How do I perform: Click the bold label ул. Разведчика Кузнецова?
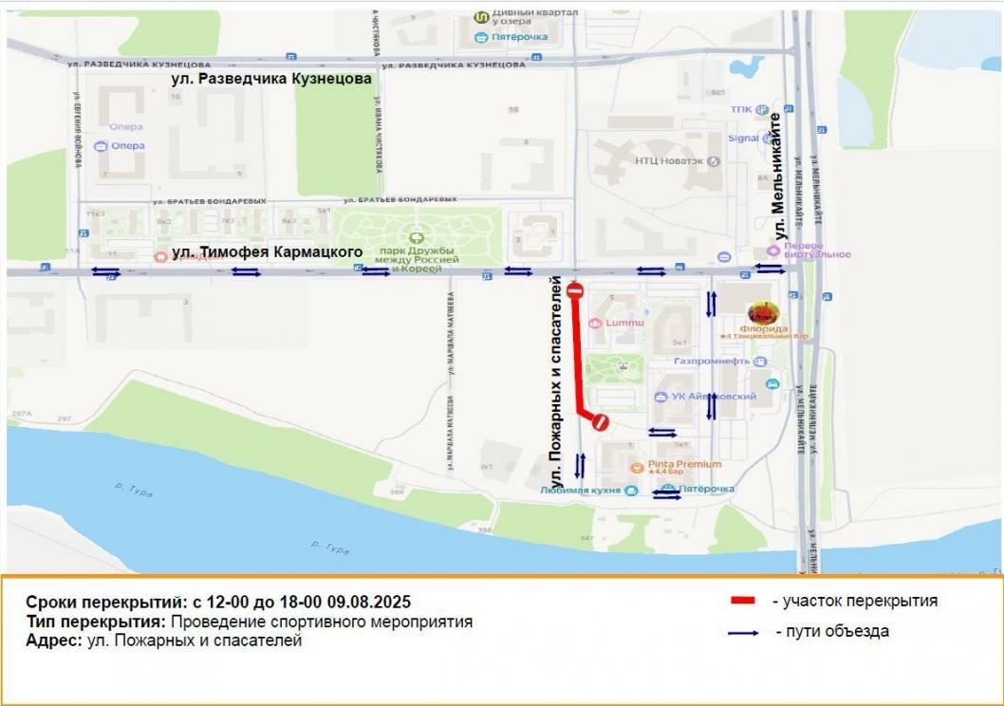pos(271,80)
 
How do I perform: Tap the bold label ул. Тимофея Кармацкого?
pos(268,252)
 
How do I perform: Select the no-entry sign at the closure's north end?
pos(574,291)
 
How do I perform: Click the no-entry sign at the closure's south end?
pos(600,423)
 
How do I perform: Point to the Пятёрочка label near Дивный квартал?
pos(518,37)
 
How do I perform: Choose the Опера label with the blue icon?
pos(127,145)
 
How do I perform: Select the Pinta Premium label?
pos(684,464)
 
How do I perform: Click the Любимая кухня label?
pos(580,491)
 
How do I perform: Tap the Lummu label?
pos(623,323)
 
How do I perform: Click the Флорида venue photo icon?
pos(763,312)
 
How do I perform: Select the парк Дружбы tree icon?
pos(414,238)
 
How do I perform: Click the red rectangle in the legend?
pos(743,601)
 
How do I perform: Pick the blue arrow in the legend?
pos(743,632)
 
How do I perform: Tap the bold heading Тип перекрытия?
pos(96,622)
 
